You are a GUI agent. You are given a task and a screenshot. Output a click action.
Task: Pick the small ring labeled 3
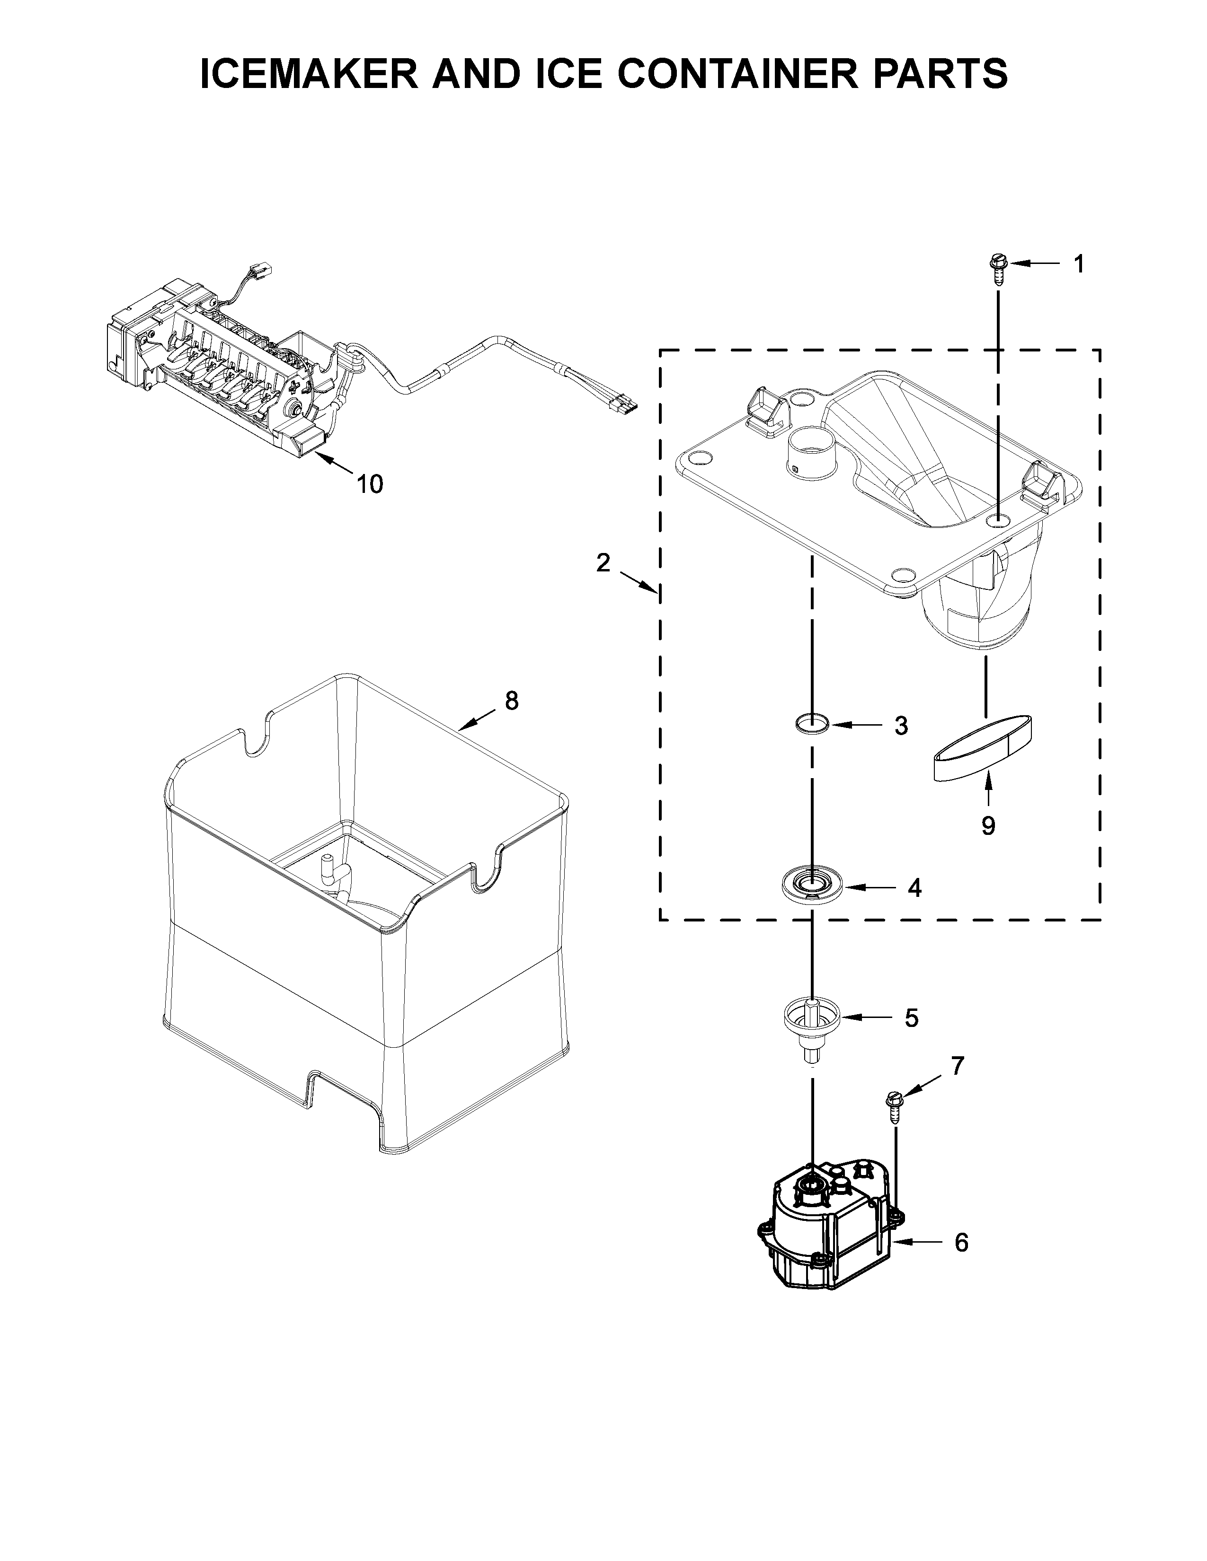812,723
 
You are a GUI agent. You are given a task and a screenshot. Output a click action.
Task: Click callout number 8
511,701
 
